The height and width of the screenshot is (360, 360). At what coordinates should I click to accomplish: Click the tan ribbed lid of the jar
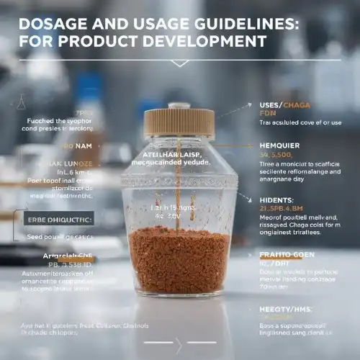[x=179, y=123]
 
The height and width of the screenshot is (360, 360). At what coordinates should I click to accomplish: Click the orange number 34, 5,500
[x=277, y=154]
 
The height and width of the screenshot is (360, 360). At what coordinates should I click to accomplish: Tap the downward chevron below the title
[x=179, y=63]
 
